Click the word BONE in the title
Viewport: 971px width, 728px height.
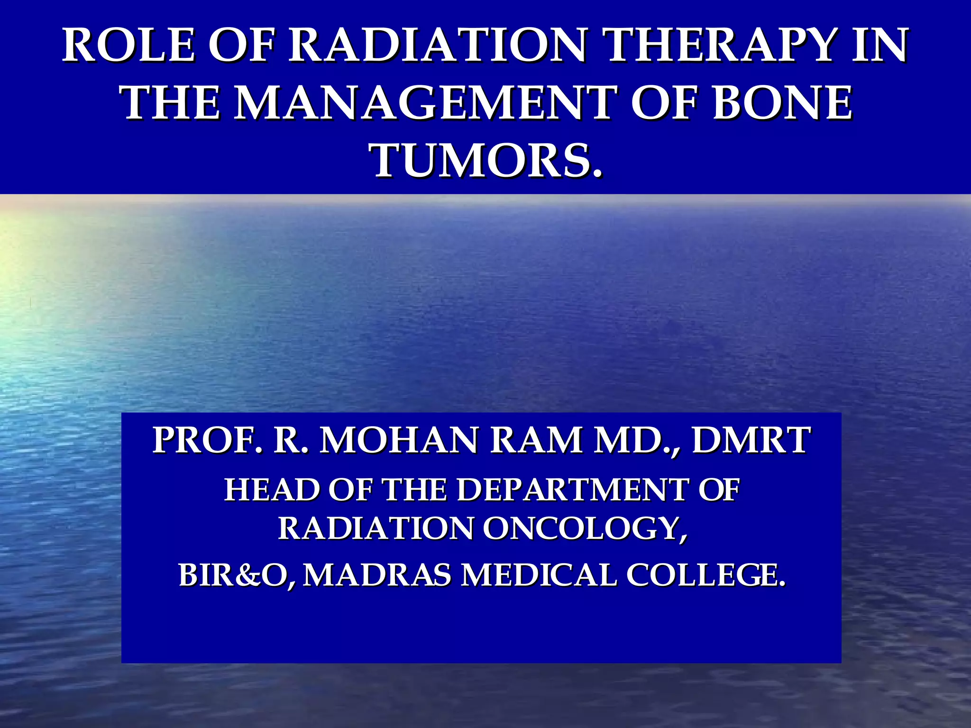782,103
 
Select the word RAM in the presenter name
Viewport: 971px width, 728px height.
536,440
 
